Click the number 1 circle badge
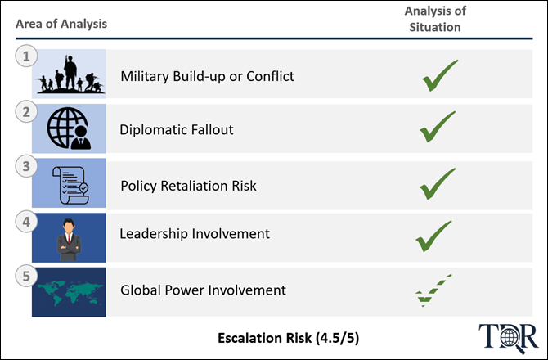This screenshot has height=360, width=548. (26, 56)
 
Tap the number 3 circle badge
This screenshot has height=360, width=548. (26, 166)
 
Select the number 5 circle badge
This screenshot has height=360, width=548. (26, 276)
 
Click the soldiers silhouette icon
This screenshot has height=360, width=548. (70, 74)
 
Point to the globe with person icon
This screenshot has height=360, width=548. (69, 128)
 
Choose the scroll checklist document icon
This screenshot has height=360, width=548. (70, 185)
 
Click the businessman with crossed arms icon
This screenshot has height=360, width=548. (69, 240)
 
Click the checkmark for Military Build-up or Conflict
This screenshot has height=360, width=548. (440, 75)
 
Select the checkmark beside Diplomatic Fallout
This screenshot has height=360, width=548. (438, 127)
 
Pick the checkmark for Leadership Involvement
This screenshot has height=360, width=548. (433, 236)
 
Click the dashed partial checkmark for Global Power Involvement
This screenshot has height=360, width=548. (433, 290)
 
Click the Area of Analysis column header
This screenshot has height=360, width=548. (61, 24)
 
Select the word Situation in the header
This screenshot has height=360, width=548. (435, 27)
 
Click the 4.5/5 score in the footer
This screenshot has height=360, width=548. (337, 338)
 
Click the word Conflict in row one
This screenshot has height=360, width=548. (270, 76)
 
